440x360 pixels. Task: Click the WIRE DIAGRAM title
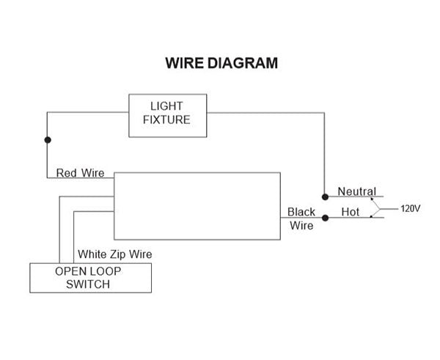pyautogui.click(x=221, y=63)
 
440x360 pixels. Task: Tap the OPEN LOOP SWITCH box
pyautogui.click(x=89, y=278)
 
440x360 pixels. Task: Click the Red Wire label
pyautogui.click(x=80, y=173)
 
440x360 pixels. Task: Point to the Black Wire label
pyautogui.click(x=301, y=218)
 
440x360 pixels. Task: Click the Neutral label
pyautogui.click(x=356, y=191)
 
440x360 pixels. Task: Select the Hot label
pyautogui.click(x=351, y=212)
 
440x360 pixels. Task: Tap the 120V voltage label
pyautogui.click(x=411, y=208)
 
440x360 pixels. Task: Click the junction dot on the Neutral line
pyautogui.click(x=324, y=196)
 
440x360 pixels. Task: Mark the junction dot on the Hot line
pyautogui.click(x=324, y=217)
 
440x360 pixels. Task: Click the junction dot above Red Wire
pyautogui.click(x=48, y=139)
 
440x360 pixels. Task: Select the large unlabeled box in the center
pyautogui.click(x=197, y=205)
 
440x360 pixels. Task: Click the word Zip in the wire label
pyautogui.click(x=116, y=254)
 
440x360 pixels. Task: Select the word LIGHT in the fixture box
pyautogui.click(x=168, y=107)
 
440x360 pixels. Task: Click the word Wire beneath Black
pyautogui.click(x=301, y=226)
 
